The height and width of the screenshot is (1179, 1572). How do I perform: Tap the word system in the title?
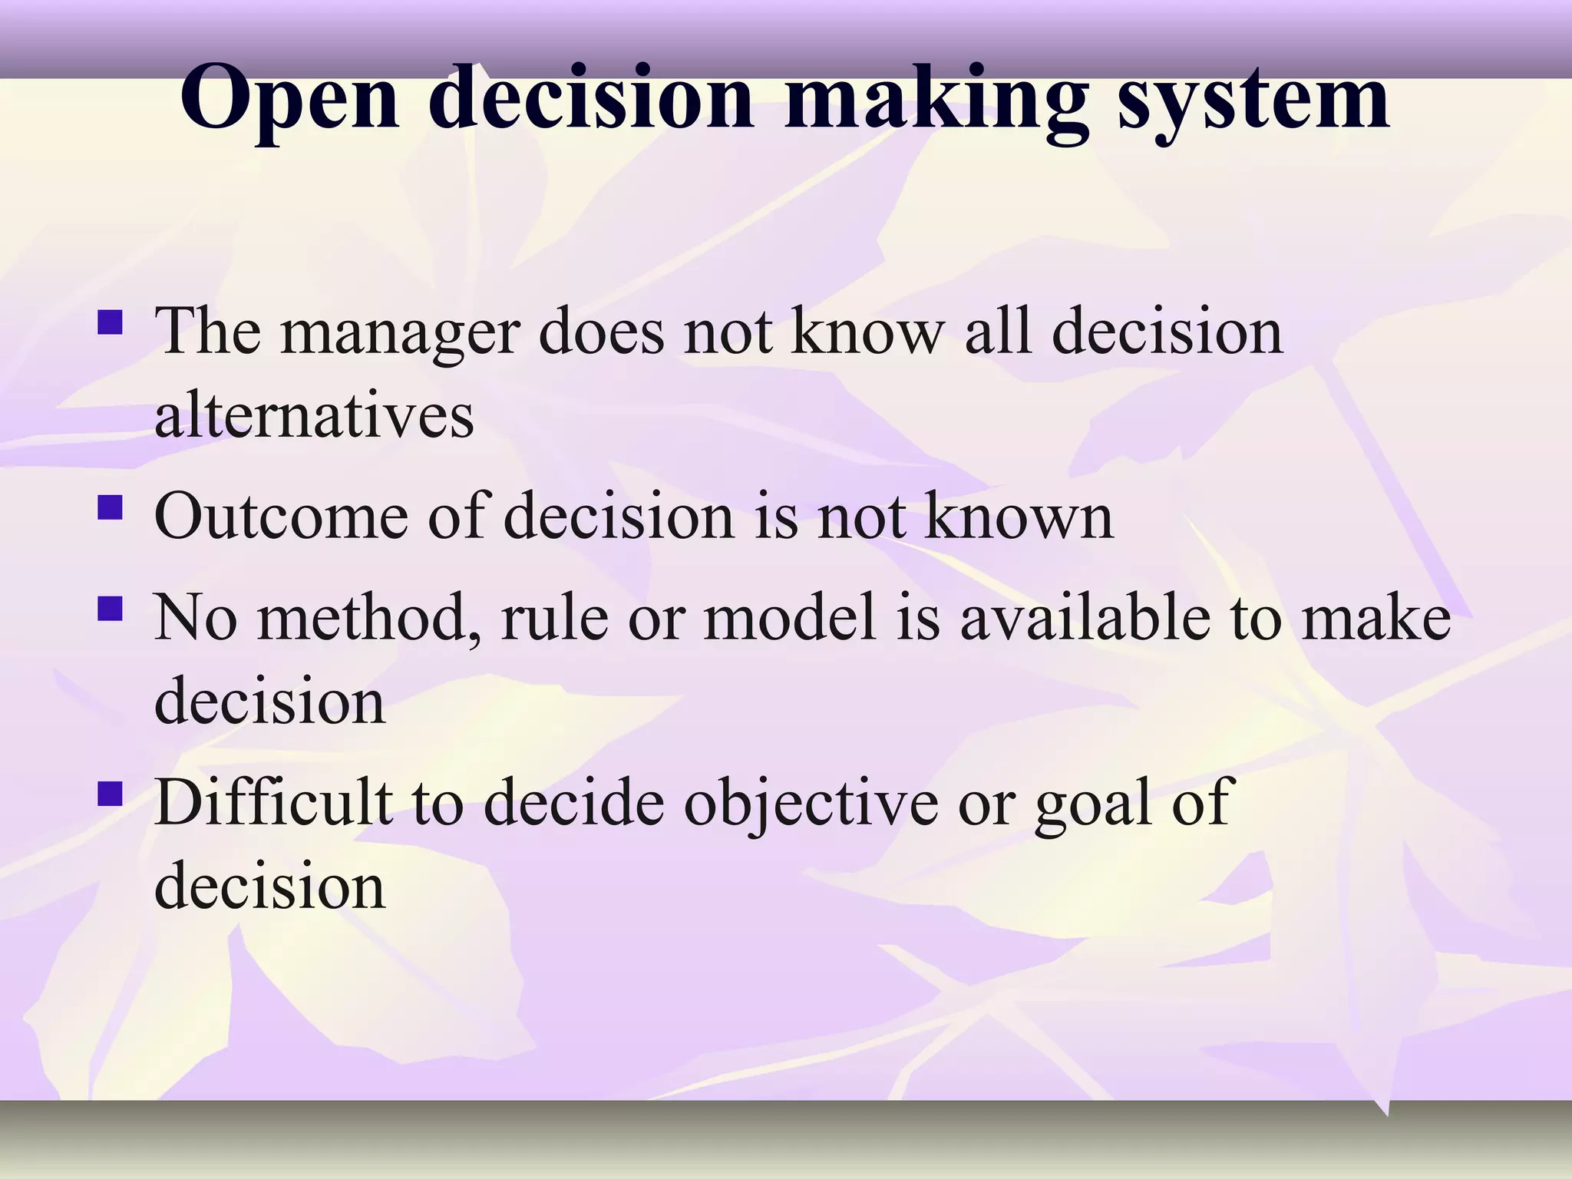[x=1252, y=100]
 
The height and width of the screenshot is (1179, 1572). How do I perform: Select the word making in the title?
[x=936, y=100]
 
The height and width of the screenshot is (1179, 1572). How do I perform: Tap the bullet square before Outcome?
[x=111, y=507]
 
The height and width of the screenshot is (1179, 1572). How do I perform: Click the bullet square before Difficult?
[x=111, y=794]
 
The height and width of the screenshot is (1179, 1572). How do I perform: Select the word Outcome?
[x=281, y=517]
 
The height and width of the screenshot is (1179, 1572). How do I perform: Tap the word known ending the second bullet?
[x=1018, y=517]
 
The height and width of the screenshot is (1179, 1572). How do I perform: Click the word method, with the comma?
[x=369, y=619]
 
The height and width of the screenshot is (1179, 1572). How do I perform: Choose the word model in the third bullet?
[x=790, y=619]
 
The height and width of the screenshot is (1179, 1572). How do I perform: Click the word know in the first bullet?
[x=867, y=332]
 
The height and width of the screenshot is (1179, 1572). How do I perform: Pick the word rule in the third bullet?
[x=555, y=619]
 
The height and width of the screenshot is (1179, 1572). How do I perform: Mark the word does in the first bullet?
[x=601, y=332]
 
